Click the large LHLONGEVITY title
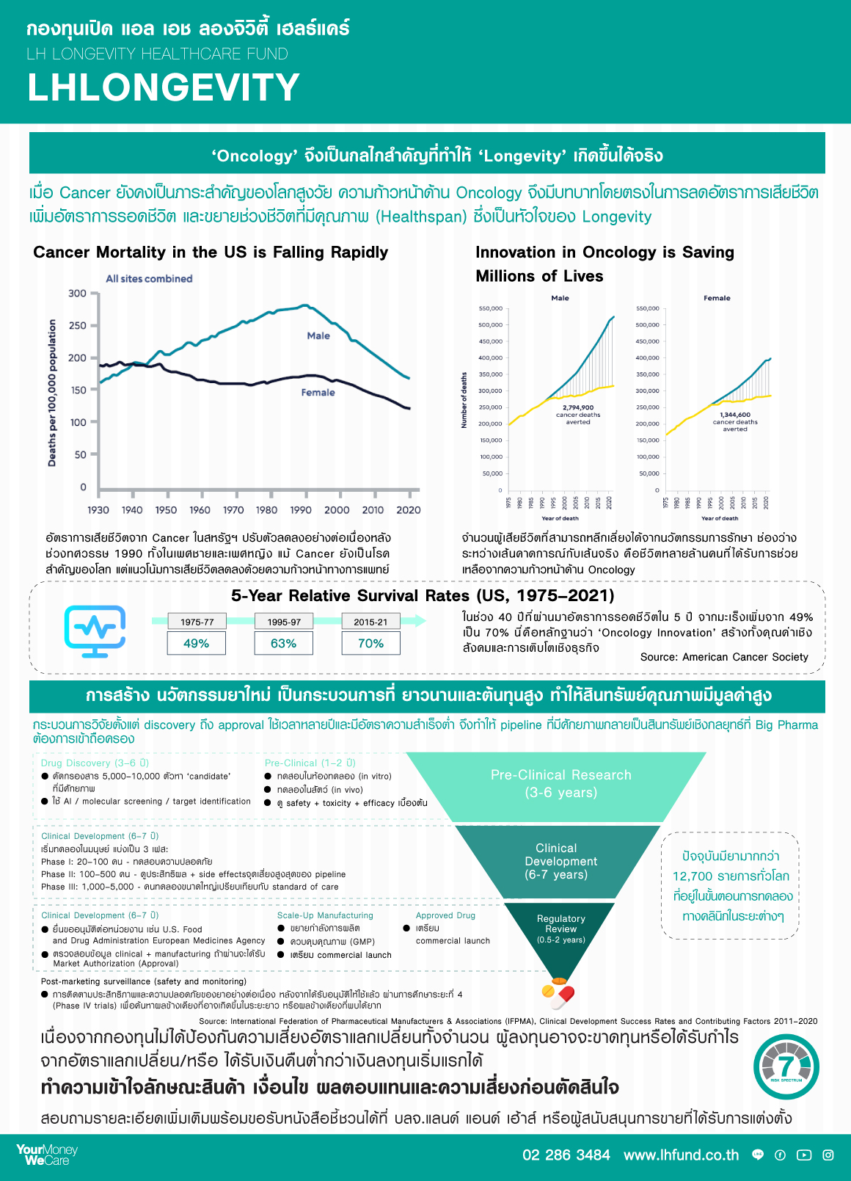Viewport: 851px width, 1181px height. pos(164,87)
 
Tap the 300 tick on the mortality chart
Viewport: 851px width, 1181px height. pos(78,294)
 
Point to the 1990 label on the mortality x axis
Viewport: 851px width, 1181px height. pos(301,510)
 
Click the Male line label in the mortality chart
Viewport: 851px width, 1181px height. pos(318,335)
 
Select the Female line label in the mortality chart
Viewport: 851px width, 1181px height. pos(318,393)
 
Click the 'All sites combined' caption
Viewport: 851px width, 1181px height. pos(149,279)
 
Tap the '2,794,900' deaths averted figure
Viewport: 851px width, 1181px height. pos(578,407)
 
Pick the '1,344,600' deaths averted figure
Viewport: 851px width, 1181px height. pos(735,415)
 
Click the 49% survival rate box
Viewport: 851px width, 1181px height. pos(196,643)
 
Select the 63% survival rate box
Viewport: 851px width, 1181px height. pos(283,643)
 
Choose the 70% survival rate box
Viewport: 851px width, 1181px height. pos(370,643)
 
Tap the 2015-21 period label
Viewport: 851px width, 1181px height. pos(370,622)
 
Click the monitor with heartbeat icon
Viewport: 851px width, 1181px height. pos(95,631)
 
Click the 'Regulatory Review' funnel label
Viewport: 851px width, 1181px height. pos(561,923)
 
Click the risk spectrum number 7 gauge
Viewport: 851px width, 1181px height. pos(786,1066)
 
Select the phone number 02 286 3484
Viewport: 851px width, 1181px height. pos(566,1155)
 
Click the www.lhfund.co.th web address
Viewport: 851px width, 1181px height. pos(681,1155)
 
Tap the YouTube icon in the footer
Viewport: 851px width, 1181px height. pos(804,1155)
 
